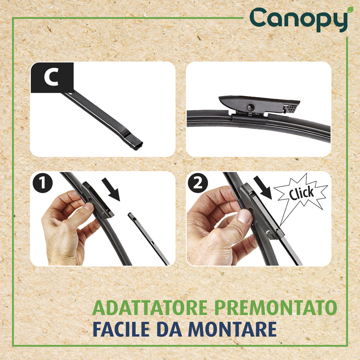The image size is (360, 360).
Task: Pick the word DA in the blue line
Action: [x=170, y=329]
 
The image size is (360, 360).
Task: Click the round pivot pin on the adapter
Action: [x=250, y=107]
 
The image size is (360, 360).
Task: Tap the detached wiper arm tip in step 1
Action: [x=131, y=216]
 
